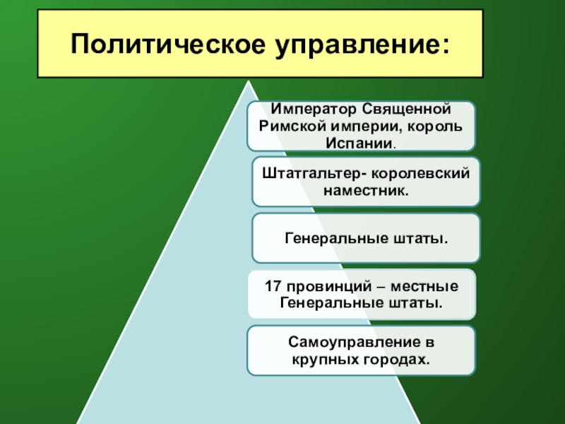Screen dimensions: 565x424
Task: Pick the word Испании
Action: tap(360, 143)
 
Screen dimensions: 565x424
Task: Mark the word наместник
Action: tap(366, 190)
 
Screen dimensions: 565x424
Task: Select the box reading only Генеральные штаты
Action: tap(366, 238)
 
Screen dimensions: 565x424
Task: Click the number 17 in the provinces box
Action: tap(273, 287)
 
